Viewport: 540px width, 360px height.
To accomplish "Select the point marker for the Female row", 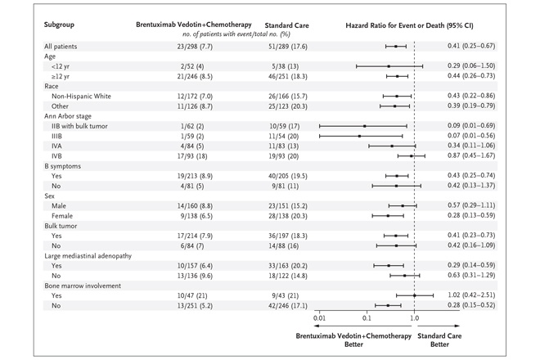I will (x=388, y=216).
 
